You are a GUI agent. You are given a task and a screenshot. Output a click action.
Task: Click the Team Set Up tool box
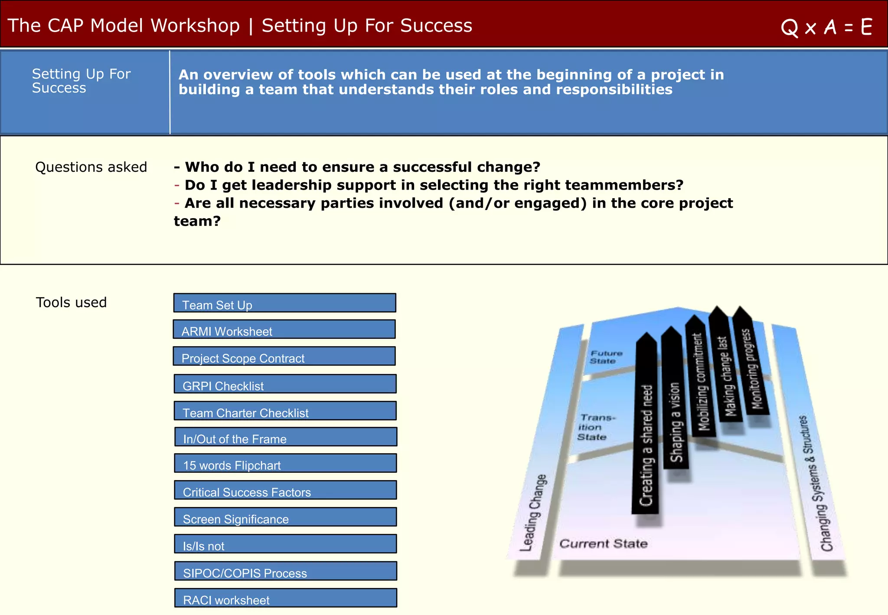[284, 303]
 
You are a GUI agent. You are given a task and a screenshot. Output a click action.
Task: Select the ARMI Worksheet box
[284, 330]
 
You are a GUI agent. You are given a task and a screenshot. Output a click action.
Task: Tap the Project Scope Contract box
[284, 357]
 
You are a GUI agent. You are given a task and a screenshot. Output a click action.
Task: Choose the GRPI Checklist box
[285, 384]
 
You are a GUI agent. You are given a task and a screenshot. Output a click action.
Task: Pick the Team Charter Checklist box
[285, 411]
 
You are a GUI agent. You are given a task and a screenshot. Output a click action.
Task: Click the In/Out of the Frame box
[285, 437]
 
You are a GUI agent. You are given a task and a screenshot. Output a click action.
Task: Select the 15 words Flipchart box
[285, 463]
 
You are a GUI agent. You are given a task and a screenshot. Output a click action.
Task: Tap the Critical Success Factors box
[285, 490]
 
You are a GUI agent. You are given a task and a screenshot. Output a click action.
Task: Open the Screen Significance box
[285, 517]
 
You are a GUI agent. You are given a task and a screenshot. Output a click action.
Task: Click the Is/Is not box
[285, 544]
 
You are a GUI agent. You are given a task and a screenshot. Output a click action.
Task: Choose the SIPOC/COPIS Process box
[285, 571]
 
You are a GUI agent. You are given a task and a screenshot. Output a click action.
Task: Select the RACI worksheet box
[285, 598]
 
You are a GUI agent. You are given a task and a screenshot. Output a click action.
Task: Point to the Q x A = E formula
[826, 27]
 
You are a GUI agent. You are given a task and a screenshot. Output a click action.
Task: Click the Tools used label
[71, 302]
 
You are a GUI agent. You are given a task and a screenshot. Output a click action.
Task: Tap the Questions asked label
[91, 167]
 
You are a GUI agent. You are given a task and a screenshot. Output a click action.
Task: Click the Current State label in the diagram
[603, 543]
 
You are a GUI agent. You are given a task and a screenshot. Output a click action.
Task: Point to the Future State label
[605, 357]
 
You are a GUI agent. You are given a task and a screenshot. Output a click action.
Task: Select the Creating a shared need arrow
[646, 434]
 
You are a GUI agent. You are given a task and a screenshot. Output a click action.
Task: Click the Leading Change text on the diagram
[533, 513]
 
